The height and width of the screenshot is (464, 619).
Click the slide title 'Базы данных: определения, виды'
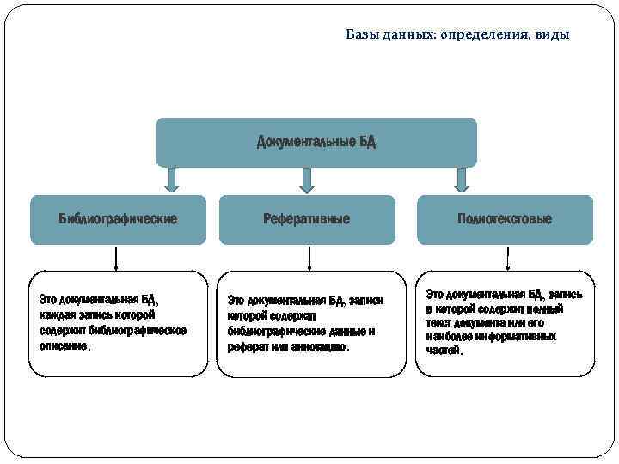[x=457, y=35]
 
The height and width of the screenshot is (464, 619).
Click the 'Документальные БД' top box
[x=316, y=142]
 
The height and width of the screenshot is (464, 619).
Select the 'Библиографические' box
[x=118, y=219]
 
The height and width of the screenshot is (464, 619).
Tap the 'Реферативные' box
[x=307, y=219]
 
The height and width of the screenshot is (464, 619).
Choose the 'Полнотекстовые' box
[x=505, y=219]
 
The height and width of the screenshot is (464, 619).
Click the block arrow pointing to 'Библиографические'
[x=171, y=180]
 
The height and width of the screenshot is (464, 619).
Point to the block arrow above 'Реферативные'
[x=307, y=180]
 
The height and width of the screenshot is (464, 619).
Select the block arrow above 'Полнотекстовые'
[x=462, y=180]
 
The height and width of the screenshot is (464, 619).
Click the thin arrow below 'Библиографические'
[x=117, y=258]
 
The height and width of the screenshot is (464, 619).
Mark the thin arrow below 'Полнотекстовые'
[x=507, y=258]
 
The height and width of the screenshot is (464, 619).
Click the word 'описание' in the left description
[x=63, y=346]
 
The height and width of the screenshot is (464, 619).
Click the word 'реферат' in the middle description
[x=248, y=347]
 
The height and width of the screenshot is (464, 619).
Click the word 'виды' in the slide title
[x=552, y=35]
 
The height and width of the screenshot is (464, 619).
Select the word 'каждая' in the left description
[x=57, y=315]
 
